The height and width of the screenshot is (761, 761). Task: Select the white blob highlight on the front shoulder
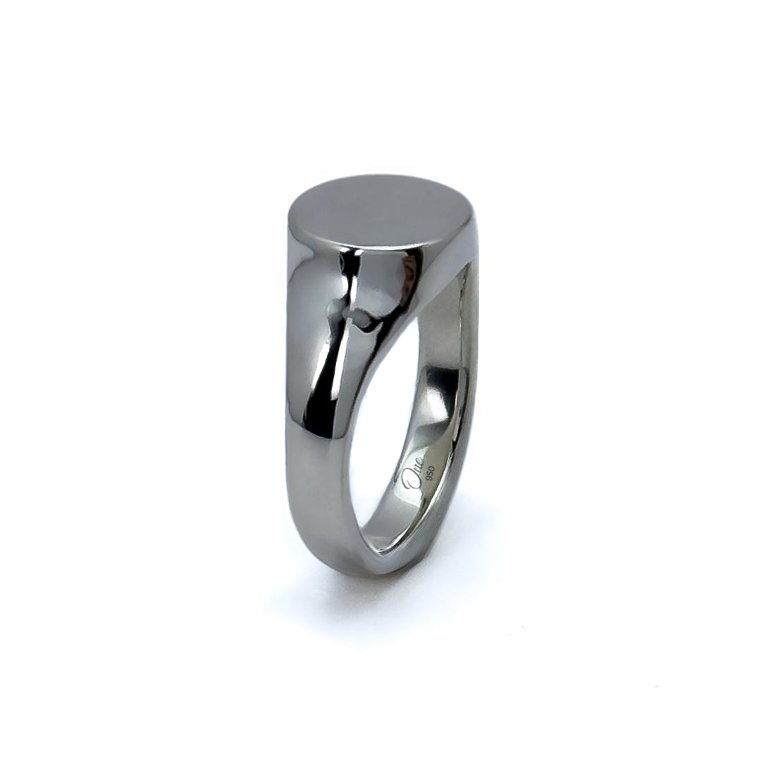pyautogui.click(x=359, y=321)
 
